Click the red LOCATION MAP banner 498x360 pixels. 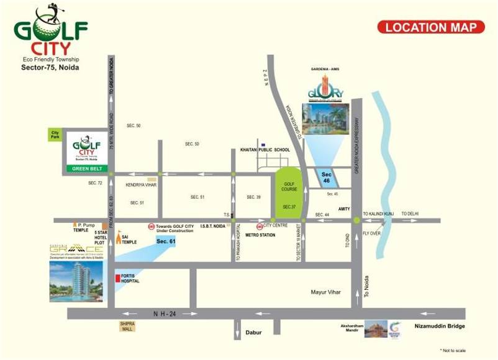tap(430, 27)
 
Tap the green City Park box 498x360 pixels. tap(56, 134)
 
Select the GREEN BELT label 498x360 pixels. tap(88, 168)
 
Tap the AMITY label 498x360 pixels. tap(345, 209)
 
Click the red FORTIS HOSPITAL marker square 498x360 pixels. tap(117, 278)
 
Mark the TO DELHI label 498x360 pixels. tap(410, 214)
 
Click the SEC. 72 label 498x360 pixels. tap(95, 183)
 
